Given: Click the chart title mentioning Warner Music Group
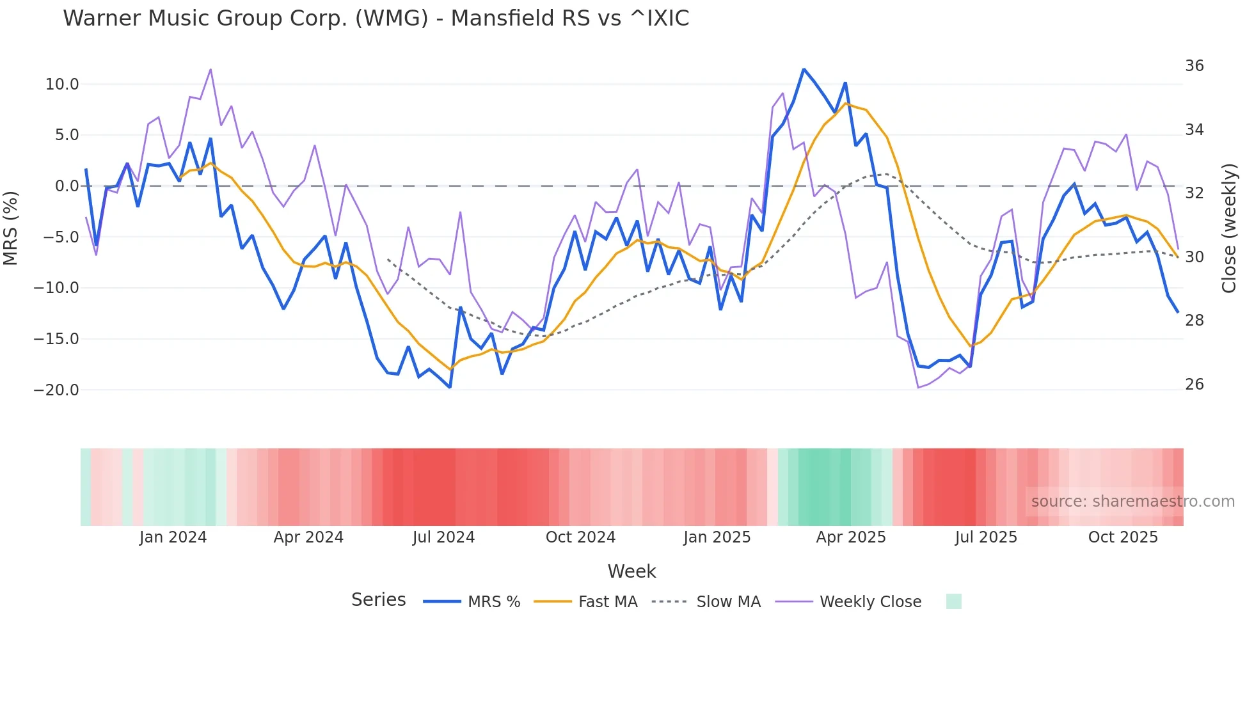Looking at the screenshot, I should tap(376, 19).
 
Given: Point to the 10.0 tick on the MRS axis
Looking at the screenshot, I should tap(62, 84).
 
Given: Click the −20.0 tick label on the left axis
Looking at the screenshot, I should tap(56, 390).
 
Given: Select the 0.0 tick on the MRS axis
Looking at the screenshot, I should tap(67, 186).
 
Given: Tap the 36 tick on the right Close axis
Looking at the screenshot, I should tap(1194, 66).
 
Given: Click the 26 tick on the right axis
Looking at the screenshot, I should tap(1194, 384).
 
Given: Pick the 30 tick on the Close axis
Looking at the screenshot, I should tap(1194, 257).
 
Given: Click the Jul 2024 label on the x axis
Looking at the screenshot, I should tap(443, 537).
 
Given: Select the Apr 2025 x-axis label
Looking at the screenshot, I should tap(850, 537).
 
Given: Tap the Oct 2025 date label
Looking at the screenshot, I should tap(1123, 537).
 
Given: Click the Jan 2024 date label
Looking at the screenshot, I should tap(173, 537).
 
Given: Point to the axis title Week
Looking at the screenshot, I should tap(631, 571).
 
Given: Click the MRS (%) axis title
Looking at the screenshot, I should tap(11, 228).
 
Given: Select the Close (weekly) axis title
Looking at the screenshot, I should tap(1229, 228).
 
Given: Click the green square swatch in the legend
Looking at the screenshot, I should tap(953, 601).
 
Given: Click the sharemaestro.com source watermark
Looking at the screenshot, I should tap(1132, 502).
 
